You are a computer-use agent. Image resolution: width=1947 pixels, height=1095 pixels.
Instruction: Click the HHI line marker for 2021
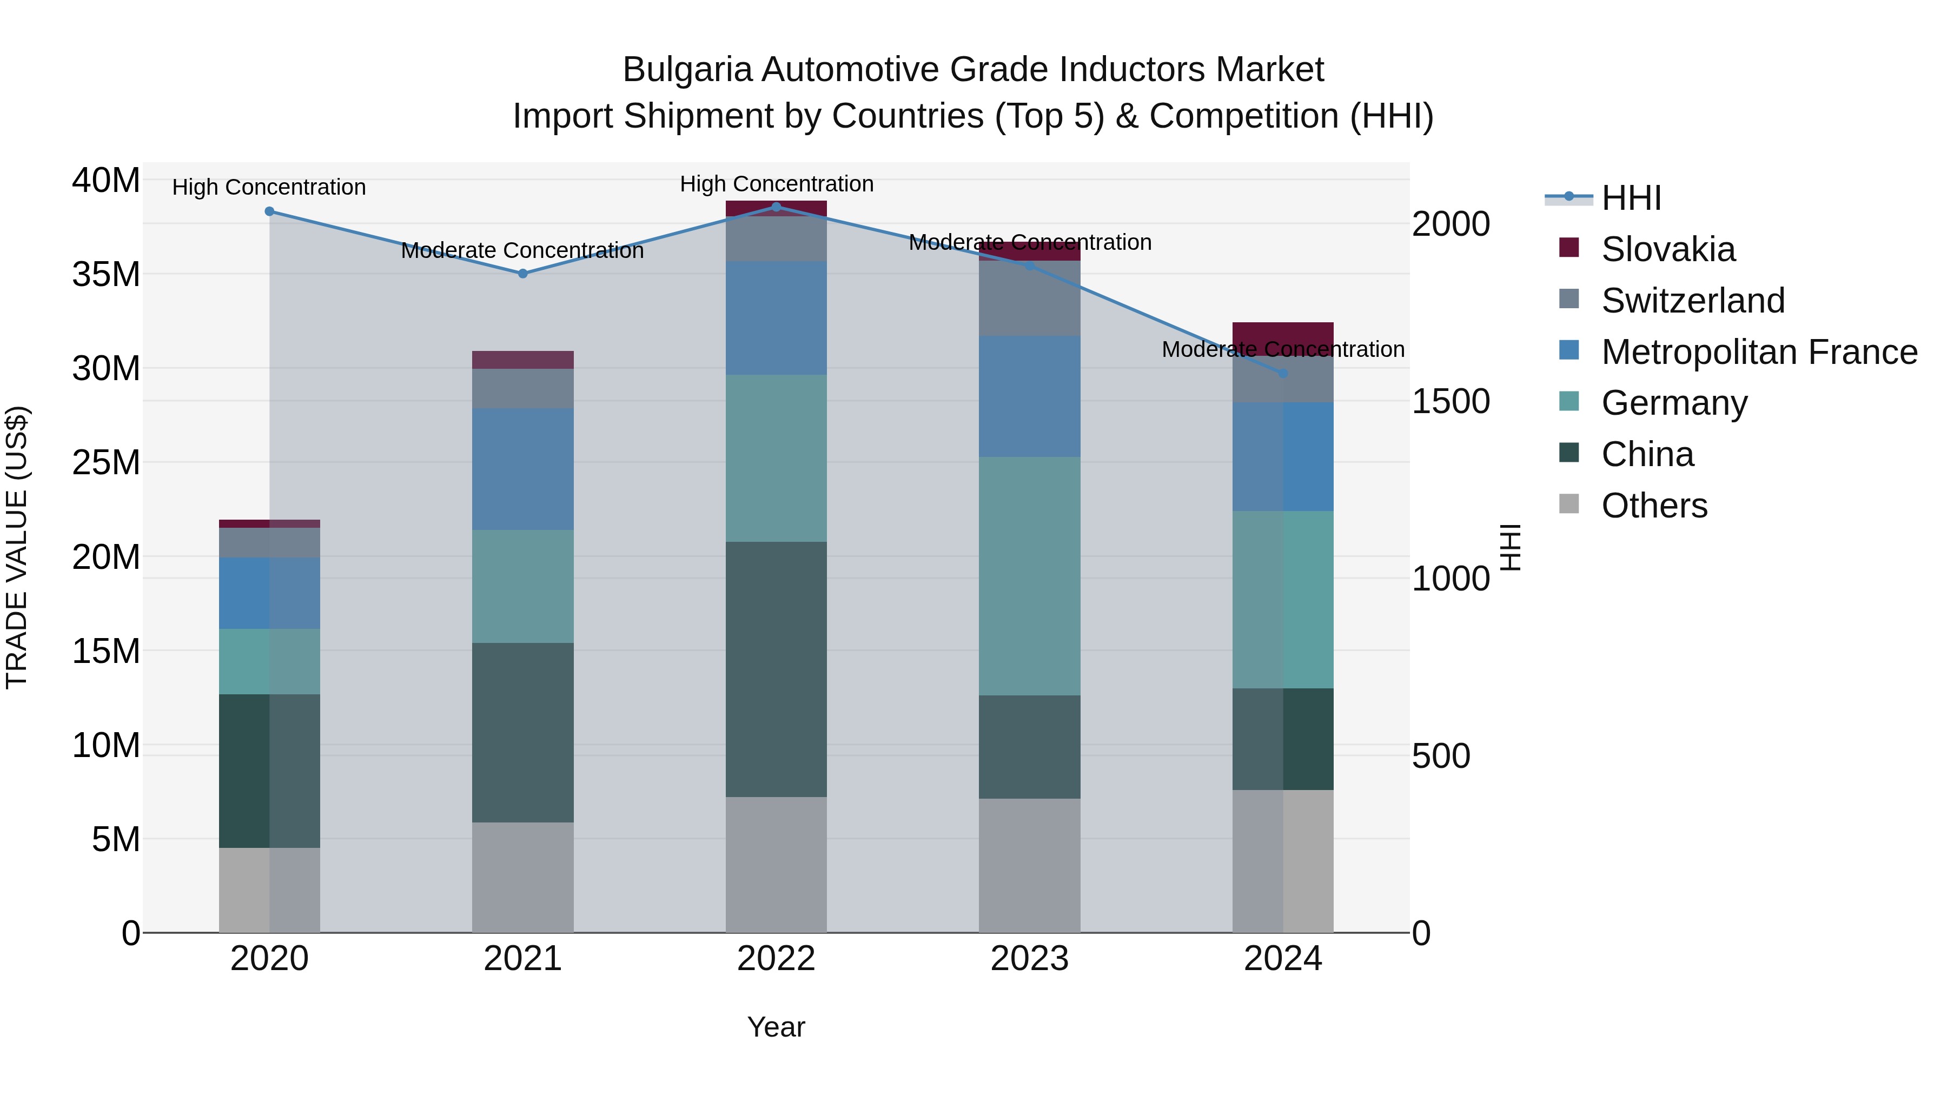(522, 274)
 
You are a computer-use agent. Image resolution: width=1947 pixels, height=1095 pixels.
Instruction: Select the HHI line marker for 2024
(1283, 373)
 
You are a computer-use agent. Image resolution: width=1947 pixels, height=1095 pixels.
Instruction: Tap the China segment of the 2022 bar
(776, 669)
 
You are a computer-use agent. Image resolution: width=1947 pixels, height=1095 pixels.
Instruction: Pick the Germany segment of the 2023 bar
(1029, 576)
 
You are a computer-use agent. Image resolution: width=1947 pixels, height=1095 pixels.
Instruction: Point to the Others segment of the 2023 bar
(1029, 865)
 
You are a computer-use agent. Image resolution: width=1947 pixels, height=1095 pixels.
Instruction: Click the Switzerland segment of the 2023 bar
(1029, 299)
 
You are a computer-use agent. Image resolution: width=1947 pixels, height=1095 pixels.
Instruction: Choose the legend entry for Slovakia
(1667, 249)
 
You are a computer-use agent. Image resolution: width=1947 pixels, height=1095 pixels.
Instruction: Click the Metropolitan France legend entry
(1758, 352)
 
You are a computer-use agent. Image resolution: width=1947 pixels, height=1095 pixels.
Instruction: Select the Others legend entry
(1654, 506)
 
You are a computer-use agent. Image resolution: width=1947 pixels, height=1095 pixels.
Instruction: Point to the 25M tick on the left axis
(106, 462)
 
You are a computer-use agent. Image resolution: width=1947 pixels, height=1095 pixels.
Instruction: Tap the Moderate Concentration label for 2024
(1283, 349)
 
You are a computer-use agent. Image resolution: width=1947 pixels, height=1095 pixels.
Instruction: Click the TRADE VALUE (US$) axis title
(17, 547)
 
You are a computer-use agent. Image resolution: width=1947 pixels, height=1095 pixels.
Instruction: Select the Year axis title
(776, 1027)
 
